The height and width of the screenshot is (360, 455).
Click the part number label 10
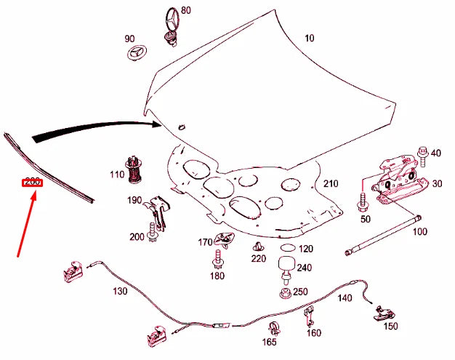310,38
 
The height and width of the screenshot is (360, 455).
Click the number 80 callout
186,10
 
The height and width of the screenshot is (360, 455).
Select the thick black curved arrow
94,129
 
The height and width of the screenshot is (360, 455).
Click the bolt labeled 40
422,152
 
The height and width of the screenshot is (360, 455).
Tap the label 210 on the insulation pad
331,183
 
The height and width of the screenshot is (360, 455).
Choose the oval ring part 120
286,249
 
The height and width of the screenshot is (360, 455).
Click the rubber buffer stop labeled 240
286,266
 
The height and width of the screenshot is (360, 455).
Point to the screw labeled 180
217,259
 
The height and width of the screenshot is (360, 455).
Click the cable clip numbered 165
274,327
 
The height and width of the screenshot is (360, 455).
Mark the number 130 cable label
120,291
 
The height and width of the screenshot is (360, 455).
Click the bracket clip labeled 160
309,316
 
